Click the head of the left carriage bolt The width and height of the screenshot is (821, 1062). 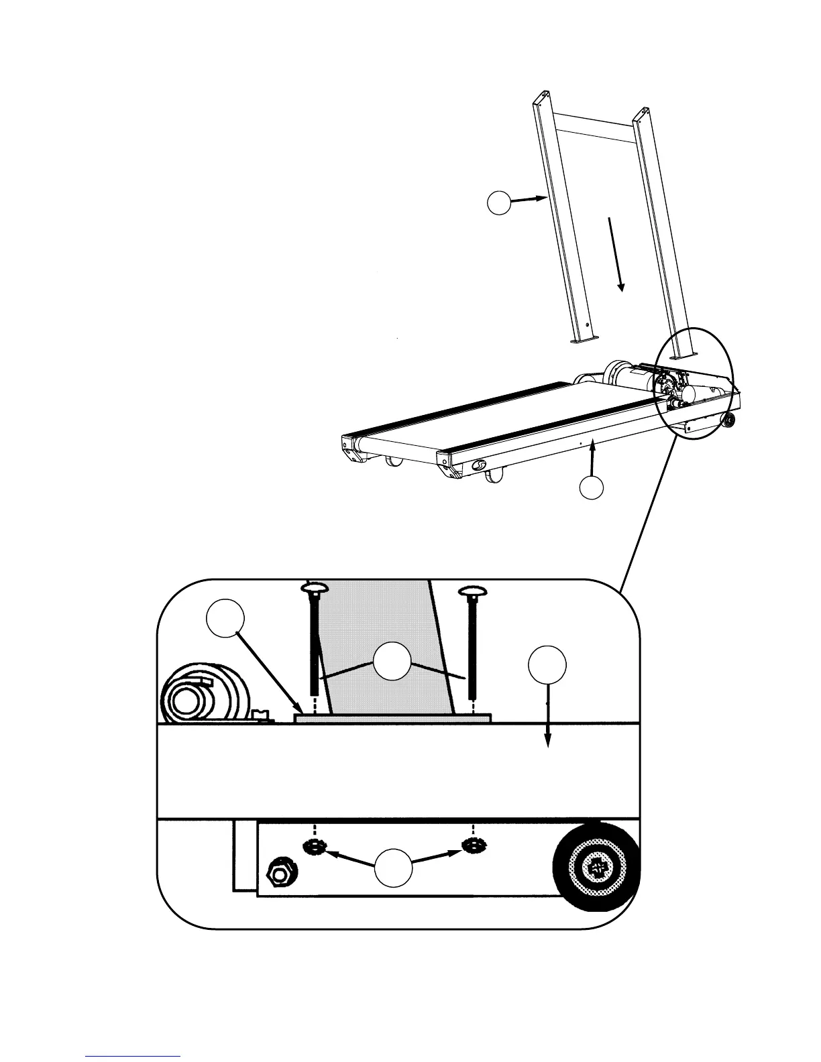[313, 588]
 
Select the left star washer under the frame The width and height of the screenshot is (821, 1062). [312, 847]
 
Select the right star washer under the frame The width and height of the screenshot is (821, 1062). [472, 847]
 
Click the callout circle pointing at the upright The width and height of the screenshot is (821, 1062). [498, 202]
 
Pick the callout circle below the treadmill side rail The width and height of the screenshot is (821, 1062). [591, 487]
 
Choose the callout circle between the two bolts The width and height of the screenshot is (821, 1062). [392, 660]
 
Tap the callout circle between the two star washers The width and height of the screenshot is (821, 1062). [393, 868]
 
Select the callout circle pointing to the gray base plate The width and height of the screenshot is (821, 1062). [225, 619]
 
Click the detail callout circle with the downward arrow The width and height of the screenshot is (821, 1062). [547, 664]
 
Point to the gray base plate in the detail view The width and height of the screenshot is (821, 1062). [392, 717]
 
